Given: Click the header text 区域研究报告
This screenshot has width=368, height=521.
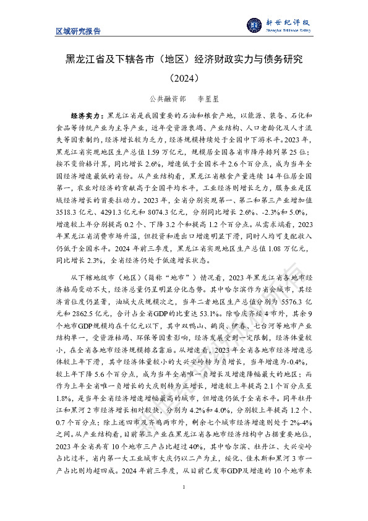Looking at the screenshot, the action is pyautogui.click(x=78, y=31).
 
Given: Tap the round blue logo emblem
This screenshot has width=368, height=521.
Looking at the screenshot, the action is pyautogui.click(x=254, y=25).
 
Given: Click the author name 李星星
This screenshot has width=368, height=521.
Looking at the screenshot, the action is pyautogui.click(x=207, y=98).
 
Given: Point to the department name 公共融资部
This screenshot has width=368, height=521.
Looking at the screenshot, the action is pyautogui.click(x=167, y=98).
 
